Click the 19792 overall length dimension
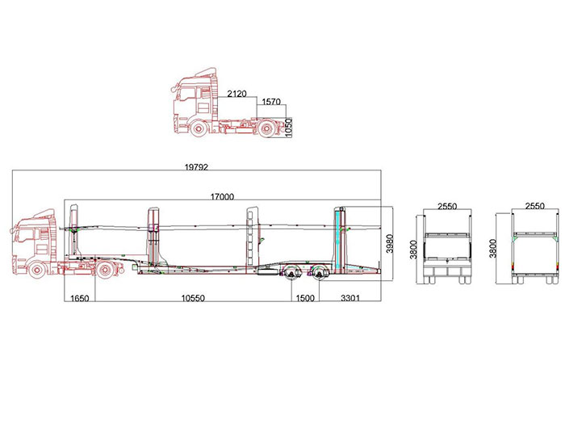click(x=196, y=167)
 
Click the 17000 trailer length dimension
click(x=222, y=196)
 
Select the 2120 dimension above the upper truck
click(x=236, y=94)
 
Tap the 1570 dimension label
click(x=271, y=102)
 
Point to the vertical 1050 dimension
click(x=288, y=128)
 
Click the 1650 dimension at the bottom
click(x=80, y=298)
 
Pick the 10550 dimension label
click(x=193, y=298)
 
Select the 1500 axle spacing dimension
click(x=305, y=298)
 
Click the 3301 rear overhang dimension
click(x=349, y=298)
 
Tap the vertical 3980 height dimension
click(x=390, y=244)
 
